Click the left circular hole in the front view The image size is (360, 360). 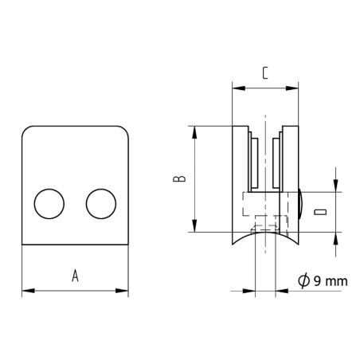pos(50,204)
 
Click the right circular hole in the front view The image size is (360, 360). pos(100,204)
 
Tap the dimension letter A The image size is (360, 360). pos(76,276)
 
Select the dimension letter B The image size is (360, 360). pos(181,178)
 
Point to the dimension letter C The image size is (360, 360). pos(265,73)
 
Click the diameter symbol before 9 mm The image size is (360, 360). pos(303,280)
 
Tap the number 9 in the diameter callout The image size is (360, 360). pos(319,280)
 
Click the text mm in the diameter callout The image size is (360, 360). pos(338,280)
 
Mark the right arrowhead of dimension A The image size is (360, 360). pos(124,292)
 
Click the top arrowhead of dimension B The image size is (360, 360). pos(194,130)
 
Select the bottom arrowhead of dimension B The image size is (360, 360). pos(194,227)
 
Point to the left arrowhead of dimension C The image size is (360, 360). pos(235,84)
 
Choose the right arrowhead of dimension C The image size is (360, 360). pos(295,84)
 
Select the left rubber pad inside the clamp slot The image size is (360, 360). pos(252,163)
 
